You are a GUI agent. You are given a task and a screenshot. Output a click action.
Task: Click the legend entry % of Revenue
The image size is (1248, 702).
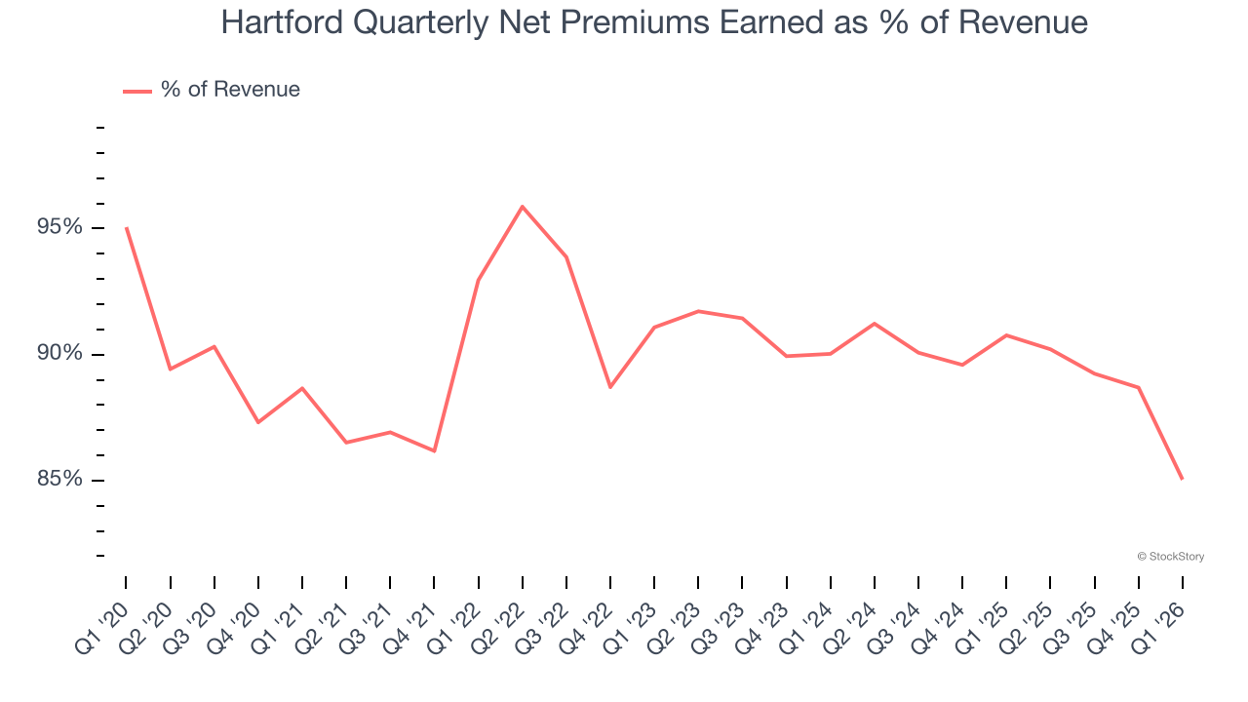[x=230, y=90]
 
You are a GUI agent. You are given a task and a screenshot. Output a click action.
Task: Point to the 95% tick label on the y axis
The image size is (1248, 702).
[x=60, y=227]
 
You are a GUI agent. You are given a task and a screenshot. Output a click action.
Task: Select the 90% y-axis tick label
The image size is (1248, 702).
[x=60, y=353]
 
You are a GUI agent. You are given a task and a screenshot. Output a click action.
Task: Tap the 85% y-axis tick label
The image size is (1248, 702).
[x=60, y=479]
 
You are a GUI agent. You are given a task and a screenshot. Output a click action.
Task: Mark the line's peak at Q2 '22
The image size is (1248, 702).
[x=523, y=207]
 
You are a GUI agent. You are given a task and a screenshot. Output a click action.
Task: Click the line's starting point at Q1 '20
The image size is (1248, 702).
[x=127, y=228]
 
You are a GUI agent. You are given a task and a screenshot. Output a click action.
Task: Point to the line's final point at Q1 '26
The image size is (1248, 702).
[x=1183, y=479]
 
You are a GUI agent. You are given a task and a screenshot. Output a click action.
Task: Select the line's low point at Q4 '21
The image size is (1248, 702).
[x=435, y=450]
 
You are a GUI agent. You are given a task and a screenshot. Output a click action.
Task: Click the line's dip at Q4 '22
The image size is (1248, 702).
[x=610, y=387]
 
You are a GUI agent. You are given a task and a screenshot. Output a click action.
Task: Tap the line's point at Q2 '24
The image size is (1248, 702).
[x=875, y=323]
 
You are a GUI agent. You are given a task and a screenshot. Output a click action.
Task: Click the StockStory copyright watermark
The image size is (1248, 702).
[x=1171, y=557]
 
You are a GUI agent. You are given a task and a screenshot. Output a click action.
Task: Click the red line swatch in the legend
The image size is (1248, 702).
[x=137, y=91]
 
